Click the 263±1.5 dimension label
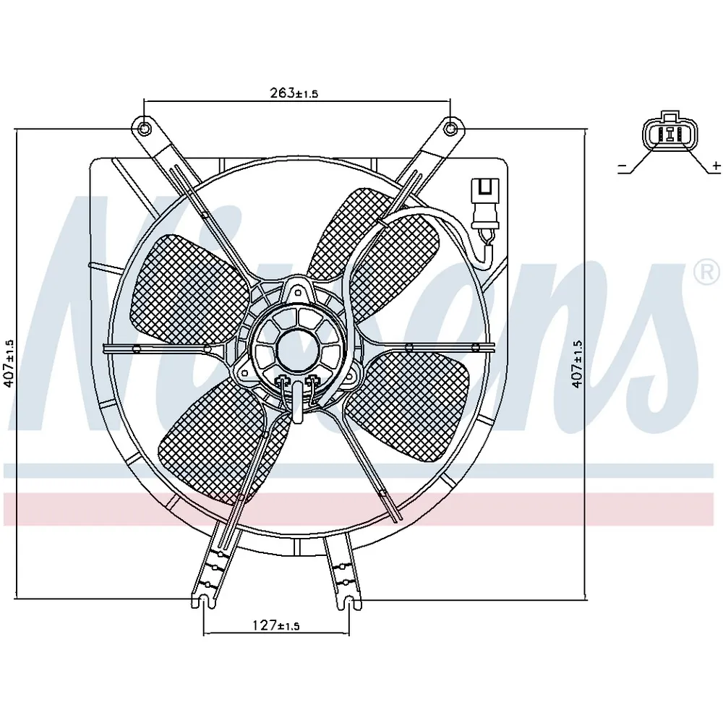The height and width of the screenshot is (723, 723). [x=294, y=93]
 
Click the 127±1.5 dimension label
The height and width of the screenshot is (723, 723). [x=276, y=625]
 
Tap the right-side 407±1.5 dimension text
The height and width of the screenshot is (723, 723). [x=577, y=364]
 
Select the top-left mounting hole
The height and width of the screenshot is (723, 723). [x=144, y=128]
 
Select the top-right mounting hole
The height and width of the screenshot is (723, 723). [x=450, y=128]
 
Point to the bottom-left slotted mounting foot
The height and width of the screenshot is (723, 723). [x=205, y=602]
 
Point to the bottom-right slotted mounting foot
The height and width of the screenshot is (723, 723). [x=349, y=602]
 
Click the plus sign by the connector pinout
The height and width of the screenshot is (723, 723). [x=716, y=165]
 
